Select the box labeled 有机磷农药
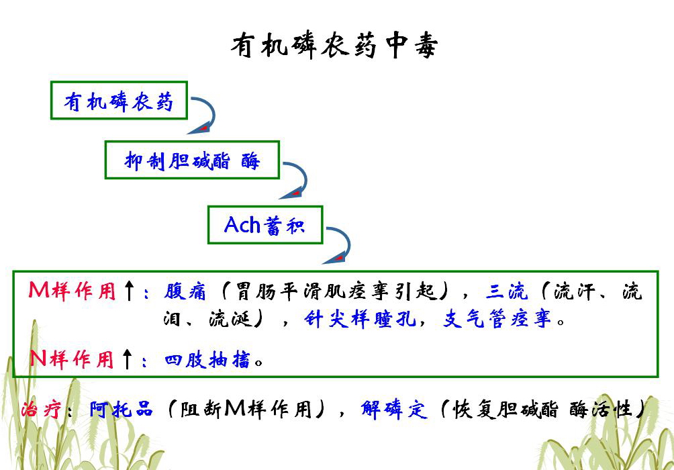(x=119, y=101)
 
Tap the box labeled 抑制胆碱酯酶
(x=192, y=160)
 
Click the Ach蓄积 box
(x=264, y=225)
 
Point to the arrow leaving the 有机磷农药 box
(x=204, y=114)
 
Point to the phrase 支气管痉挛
(x=497, y=320)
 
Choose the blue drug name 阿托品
(x=121, y=409)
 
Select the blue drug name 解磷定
(x=393, y=409)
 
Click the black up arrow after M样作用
(x=130, y=291)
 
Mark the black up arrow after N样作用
(x=127, y=359)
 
